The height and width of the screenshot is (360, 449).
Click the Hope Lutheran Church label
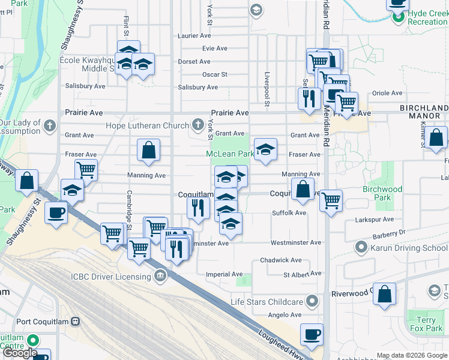tap(147, 126)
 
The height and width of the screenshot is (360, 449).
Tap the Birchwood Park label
tap(382, 193)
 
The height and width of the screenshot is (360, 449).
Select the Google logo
tap(20, 353)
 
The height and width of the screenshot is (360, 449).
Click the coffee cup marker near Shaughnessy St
tap(57, 213)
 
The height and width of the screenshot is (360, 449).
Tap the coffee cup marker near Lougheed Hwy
tap(311, 334)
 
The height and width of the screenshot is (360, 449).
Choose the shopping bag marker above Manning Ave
tap(148, 150)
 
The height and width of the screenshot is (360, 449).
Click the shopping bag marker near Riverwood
tap(385, 294)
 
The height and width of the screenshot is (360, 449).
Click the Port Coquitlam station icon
tap(76, 321)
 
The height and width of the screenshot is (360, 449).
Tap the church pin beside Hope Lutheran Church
tap(198, 125)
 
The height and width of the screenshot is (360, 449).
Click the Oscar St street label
tap(214, 75)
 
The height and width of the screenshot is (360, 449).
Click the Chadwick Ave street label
tap(281, 260)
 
